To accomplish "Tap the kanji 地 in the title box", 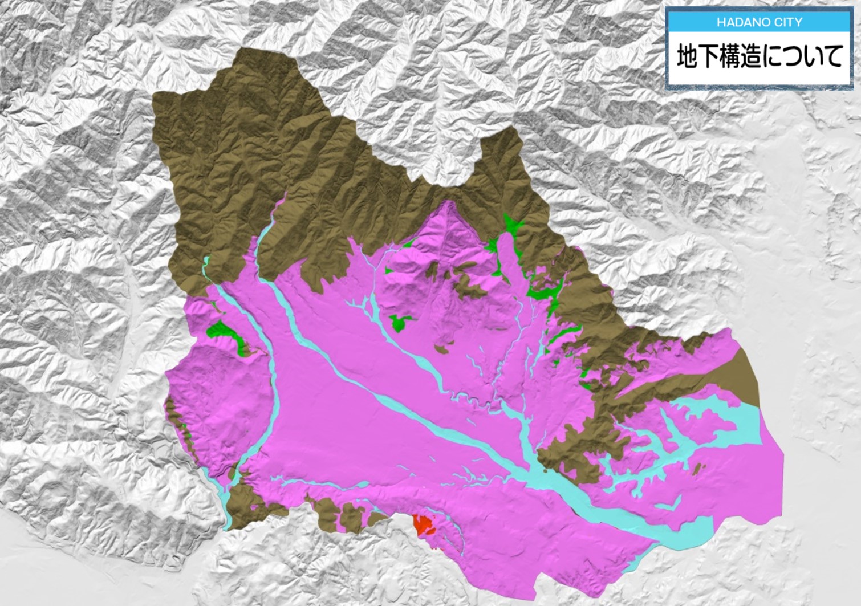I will point(688,57).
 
